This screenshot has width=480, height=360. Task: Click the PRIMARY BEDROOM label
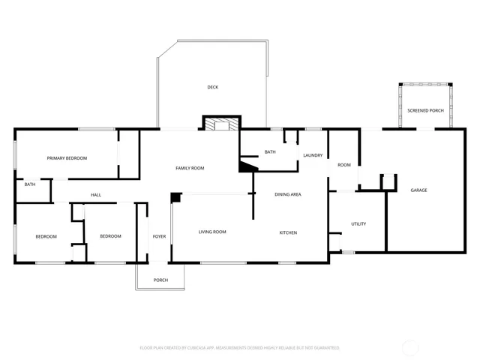point(67,158)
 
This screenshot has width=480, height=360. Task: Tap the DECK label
point(213,88)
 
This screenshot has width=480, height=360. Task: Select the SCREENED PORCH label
point(425,111)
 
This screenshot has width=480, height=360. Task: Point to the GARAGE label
point(418,190)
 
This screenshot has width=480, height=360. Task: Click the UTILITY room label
point(358,223)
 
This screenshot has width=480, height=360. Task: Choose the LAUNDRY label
point(313,155)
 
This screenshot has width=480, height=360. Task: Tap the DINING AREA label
point(288,195)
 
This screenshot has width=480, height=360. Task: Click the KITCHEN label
point(288,232)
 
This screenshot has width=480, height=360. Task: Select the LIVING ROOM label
point(212,232)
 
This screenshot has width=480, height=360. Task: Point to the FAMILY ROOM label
point(190,168)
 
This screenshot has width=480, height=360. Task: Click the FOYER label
point(159,237)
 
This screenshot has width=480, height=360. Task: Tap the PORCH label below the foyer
point(160,280)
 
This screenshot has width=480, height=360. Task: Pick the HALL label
point(96,196)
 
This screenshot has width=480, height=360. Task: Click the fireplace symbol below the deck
point(221,124)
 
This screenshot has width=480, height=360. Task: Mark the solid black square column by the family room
point(175,197)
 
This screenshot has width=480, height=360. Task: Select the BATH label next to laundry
point(270,152)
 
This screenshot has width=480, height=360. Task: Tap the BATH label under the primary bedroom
point(30,184)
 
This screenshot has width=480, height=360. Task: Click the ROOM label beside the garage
point(344,165)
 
